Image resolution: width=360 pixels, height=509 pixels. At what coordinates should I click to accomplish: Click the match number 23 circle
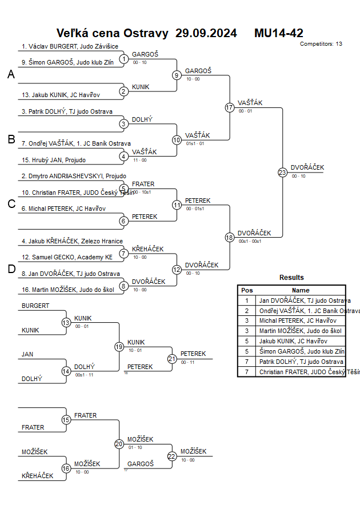pyautogui.click(x=282, y=173)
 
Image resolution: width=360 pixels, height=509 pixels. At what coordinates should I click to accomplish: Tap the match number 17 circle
pyautogui.click(x=230, y=107)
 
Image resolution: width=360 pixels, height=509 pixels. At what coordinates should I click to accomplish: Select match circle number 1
pyautogui.click(x=124, y=59)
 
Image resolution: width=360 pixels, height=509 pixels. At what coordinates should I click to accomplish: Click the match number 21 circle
pyautogui.click(x=172, y=359)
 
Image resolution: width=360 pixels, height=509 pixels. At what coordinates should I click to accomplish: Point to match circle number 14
pyautogui.click(x=66, y=371)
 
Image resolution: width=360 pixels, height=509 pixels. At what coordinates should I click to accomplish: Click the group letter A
pyautogui.click(x=11, y=74)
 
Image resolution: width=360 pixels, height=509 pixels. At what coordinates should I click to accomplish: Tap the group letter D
pyautogui.click(x=11, y=270)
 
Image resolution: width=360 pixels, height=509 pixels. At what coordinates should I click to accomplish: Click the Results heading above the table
pyautogui.click(x=291, y=278)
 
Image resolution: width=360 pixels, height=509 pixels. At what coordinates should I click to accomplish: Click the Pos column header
pyautogui.click(x=247, y=290)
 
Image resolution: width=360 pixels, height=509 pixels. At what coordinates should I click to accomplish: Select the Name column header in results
pyautogui.click(x=301, y=290)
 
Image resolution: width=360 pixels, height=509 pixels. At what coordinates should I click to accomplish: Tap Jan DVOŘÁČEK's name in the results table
pyautogui.click(x=305, y=300)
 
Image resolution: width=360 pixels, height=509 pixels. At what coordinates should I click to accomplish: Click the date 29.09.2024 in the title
pyautogui.click(x=206, y=33)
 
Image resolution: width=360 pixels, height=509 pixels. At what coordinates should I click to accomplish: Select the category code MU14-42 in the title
pyautogui.click(x=279, y=33)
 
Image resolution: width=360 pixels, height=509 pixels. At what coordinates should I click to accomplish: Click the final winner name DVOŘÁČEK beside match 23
pyautogui.click(x=307, y=167)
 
